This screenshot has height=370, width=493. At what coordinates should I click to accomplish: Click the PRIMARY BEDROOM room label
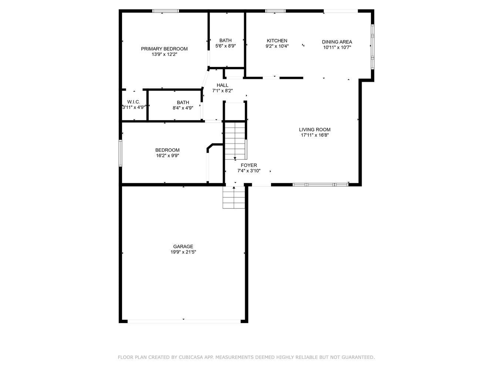164,49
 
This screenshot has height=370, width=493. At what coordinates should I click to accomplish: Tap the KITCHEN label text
277,41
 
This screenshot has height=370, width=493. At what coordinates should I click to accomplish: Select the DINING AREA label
337,42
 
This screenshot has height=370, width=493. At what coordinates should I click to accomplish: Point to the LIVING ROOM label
314,129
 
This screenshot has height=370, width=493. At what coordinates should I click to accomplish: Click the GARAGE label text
183,246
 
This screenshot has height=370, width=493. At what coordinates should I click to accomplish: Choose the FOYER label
249,165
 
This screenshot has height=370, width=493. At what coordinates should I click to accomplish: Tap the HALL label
222,85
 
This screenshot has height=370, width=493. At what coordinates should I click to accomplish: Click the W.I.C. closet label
134,102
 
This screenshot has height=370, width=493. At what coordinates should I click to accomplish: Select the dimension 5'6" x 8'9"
226,46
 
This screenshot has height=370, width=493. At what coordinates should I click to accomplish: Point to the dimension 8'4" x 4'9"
183,108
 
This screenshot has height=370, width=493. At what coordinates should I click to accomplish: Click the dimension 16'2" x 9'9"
168,155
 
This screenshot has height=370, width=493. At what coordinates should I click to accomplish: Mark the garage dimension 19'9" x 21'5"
183,252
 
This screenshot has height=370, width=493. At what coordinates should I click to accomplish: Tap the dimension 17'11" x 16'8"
315,135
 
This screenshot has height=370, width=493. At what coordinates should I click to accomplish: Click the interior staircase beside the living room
235,141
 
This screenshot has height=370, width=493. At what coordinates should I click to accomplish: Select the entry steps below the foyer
234,198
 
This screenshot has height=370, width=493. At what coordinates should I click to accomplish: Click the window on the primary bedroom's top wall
166,11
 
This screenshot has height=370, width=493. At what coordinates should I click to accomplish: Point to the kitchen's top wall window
276,11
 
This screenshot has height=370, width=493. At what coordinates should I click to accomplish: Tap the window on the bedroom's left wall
121,153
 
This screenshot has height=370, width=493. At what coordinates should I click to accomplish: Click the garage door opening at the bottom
184,322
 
